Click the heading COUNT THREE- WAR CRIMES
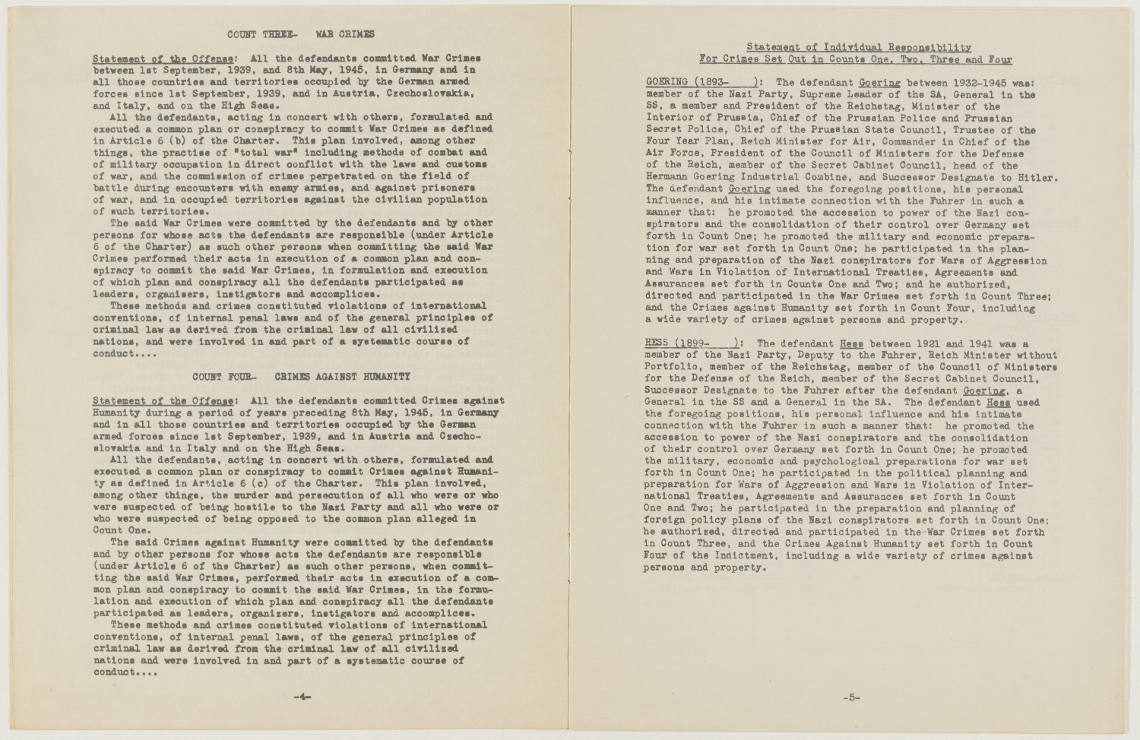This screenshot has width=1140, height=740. pos(301,34)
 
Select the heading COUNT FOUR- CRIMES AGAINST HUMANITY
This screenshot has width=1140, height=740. pos(301,377)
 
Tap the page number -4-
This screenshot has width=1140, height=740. pos(302,697)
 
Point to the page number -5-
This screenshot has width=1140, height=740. pos(851,697)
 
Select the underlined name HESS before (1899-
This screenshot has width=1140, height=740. pos(656,343)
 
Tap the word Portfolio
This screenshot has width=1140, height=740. pos(672,367)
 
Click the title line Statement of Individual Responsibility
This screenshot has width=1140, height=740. pos(858,48)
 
